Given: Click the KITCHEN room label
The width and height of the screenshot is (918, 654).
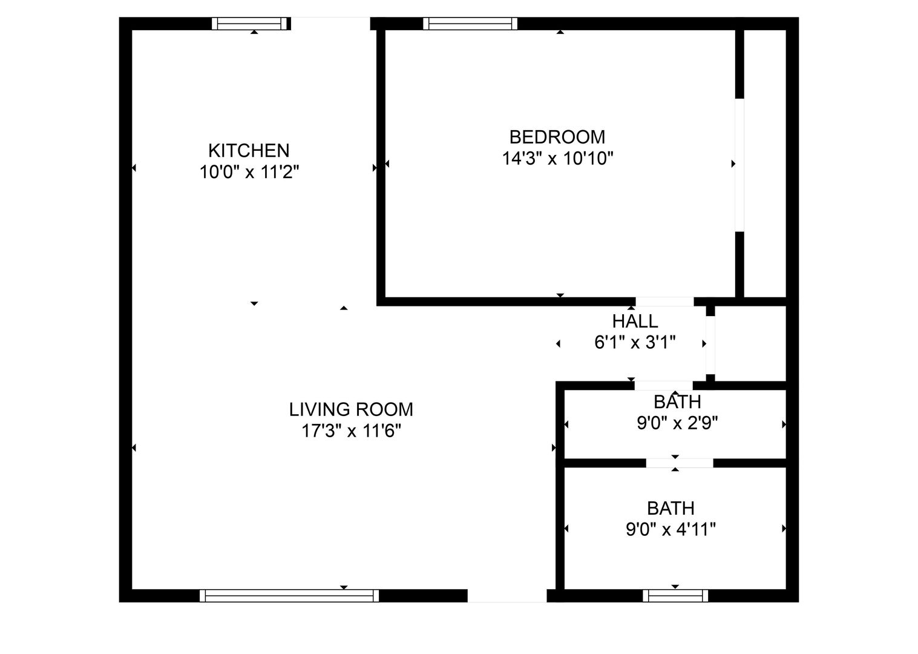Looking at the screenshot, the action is pyautogui.click(x=249, y=151).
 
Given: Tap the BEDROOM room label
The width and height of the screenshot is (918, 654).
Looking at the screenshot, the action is pyautogui.click(x=557, y=137).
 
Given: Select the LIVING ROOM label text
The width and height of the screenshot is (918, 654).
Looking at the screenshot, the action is pyautogui.click(x=351, y=409).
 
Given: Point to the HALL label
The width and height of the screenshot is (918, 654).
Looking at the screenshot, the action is pyautogui.click(x=635, y=322).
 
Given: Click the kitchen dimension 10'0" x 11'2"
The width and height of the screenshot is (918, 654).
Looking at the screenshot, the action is pyautogui.click(x=249, y=172).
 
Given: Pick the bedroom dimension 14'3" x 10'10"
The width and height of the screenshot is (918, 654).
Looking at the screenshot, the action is pyautogui.click(x=557, y=158).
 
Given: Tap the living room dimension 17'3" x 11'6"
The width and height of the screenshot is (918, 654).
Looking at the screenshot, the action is pyautogui.click(x=351, y=431).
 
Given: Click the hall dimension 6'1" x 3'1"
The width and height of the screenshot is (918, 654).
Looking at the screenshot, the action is pyautogui.click(x=635, y=342).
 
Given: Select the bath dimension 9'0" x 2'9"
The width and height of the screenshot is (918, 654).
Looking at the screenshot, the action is pyautogui.click(x=677, y=423).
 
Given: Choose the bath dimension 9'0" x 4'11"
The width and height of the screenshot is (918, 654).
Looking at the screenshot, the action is pyautogui.click(x=671, y=530).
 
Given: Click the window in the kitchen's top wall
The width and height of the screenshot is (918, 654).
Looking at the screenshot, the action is pyautogui.click(x=249, y=24).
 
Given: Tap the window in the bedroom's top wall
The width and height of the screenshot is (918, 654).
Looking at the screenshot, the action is pyautogui.click(x=470, y=24).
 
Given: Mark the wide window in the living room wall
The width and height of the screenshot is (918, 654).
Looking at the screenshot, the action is pyautogui.click(x=289, y=595).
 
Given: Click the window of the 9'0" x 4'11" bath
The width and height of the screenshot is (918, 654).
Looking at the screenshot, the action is pyautogui.click(x=675, y=595).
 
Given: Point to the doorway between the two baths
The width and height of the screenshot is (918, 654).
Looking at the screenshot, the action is pyautogui.click(x=680, y=463).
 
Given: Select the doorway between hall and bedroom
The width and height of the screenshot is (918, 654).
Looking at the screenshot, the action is pyautogui.click(x=664, y=302).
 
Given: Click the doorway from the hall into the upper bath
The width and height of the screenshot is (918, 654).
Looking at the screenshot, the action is pyautogui.click(x=663, y=385).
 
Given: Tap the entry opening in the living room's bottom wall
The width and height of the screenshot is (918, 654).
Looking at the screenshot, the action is pyautogui.click(x=507, y=595).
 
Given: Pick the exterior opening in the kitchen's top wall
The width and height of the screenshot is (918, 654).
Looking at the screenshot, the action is pyautogui.click(x=331, y=24).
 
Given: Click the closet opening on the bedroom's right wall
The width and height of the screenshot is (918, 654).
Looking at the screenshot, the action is pyautogui.click(x=739, y=165).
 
